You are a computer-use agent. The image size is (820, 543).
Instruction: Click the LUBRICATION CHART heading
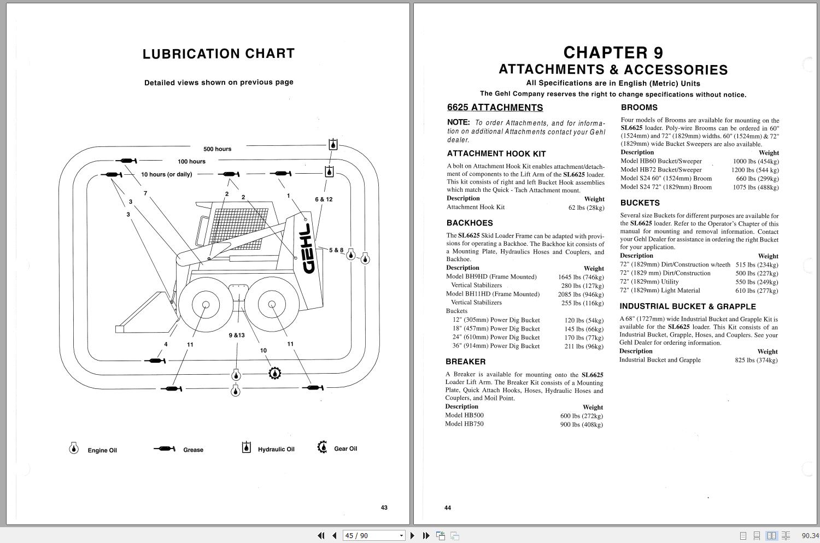[x=219, y=54]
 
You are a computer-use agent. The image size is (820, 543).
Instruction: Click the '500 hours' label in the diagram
[x=217, y=149]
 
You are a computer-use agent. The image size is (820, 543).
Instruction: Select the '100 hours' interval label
[x=191, y=162]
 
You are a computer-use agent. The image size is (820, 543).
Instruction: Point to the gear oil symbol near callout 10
[x=275, y=374]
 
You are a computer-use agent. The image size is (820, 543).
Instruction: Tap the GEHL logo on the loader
[x=308, y=248]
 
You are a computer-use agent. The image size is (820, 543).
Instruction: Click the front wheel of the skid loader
[x=206, y=305]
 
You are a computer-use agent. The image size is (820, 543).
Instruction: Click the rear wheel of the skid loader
[x=271, y=305]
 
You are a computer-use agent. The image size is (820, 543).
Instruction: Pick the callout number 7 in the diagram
[x=145, y=193]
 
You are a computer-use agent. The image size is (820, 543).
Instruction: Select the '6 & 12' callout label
[x=324, y=199]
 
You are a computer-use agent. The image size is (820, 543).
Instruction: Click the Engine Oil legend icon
[x=74, y=448]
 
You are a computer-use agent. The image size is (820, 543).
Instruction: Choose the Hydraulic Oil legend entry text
[x=276, y=450]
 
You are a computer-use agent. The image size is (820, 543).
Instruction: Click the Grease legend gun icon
[x=165, y=449]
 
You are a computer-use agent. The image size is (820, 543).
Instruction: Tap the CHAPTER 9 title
[x=613, y=53]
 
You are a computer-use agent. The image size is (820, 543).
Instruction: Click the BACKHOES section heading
[x=470, y=223]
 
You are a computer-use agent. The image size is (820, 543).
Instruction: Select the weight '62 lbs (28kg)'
[x=586, y=208]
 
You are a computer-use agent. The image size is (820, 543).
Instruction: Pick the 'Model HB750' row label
[x=464, y=424]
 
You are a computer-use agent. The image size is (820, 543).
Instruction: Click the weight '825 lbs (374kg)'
[x=756, y=360]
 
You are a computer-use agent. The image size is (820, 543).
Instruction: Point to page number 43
[x=384, y=507]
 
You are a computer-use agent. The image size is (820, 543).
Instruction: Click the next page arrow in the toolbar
[x=413, y=536]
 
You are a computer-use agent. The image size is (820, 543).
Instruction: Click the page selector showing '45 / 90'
[x=374, y=536]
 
